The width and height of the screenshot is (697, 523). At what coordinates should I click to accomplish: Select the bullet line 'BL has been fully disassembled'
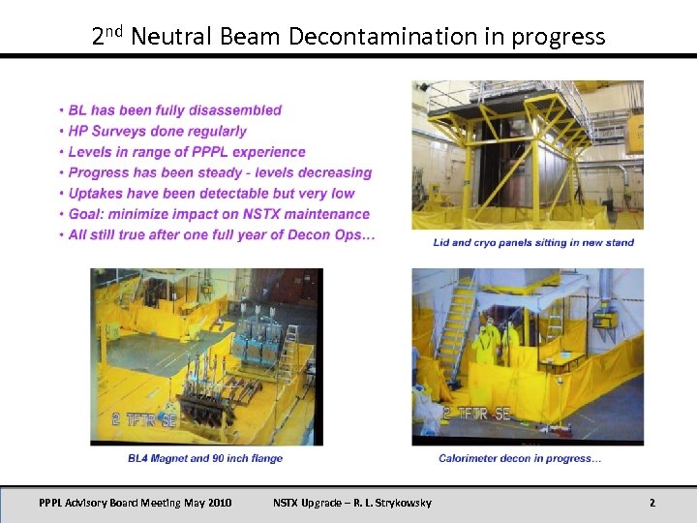pyautogui.click(x=174, y=110)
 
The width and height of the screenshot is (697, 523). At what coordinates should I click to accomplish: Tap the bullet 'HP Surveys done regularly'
pyautogui.click(x=157, y=131)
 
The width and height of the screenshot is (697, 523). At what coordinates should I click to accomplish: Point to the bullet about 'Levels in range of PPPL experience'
pyautogui.click(x=187, y=152)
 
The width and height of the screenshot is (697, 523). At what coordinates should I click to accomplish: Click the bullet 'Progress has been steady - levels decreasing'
pyautogui.click(x=220, y=172)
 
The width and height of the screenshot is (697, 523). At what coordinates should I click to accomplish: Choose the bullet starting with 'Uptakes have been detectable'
pyautogui.click(x=211, y=194)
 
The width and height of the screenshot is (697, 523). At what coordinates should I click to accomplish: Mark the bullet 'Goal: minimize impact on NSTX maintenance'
pyautogui.click(x=219, y=214)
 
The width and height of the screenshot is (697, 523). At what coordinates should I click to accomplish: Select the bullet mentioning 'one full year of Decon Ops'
pyautogui.click(x=222, y=235)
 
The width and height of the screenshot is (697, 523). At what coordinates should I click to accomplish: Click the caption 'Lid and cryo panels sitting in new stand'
pyautogui.click(x=533, y=242)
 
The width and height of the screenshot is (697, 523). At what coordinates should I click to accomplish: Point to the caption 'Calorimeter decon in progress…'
pyautogui.click(x=520, y=458)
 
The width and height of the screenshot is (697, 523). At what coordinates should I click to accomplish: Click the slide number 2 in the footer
pyautogui.click(x=652, y=503)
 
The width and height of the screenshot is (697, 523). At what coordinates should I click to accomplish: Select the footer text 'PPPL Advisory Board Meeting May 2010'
pyautogui.click(x=136, y=503)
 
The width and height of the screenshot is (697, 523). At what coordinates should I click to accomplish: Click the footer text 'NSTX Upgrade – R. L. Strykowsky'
pyautogui.click(x=352, y=503)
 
